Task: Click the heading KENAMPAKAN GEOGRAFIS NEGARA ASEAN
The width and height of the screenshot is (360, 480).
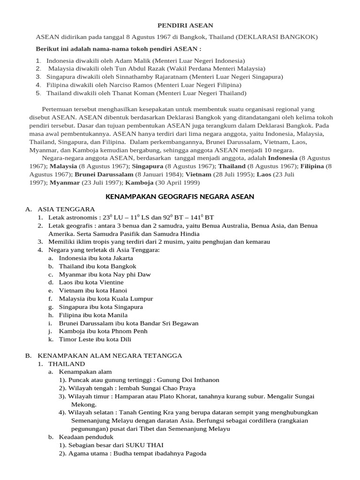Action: (180, 196)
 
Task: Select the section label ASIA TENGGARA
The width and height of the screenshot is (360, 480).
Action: (66, 209)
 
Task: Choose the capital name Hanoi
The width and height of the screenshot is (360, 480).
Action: (118, 291)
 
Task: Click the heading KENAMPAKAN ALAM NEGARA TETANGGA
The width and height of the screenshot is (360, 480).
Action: (110, 356)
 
